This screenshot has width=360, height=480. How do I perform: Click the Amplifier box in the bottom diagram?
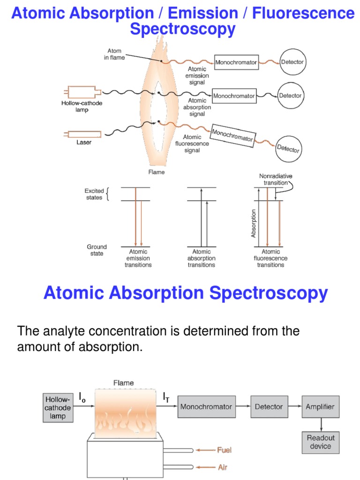(x=320, y=406)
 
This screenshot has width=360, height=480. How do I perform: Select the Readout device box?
(x=321, y=442)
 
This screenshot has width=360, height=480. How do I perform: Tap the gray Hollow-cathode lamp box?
(x=58, y=407)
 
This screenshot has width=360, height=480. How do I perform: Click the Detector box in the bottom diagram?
(x=269, y=406)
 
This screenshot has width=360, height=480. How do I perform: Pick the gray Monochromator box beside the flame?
(x=206, y=406)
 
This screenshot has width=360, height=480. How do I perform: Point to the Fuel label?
(x=224, y=450)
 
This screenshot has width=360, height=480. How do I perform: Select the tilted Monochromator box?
(x=232, y=135)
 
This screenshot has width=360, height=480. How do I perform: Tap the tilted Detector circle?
(x=288, y=149)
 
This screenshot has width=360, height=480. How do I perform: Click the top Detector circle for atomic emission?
(x=292, y=62)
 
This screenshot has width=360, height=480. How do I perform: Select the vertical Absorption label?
(x=254, y=223)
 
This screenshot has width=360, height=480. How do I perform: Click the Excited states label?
(x=94, y=194)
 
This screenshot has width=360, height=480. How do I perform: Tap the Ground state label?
(x=97, y=250)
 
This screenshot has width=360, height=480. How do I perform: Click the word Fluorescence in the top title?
(x=303, y=13)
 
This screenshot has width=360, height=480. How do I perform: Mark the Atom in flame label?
(x=114, y=54)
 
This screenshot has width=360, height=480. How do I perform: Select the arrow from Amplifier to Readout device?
(x=321, y=424)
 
